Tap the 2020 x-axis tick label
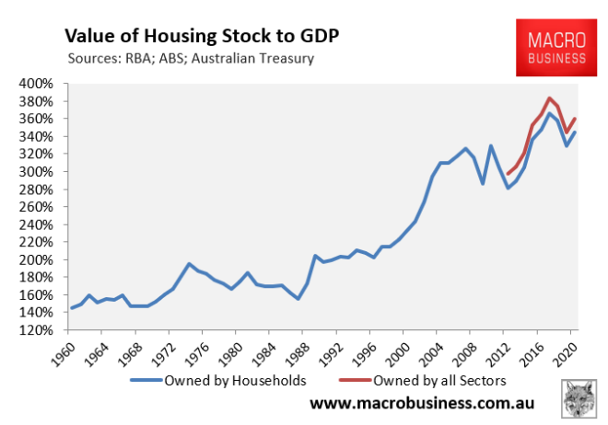567,350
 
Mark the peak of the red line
549,98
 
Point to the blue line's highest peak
549,113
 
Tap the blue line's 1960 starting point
71,308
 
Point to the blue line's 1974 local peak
189,264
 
